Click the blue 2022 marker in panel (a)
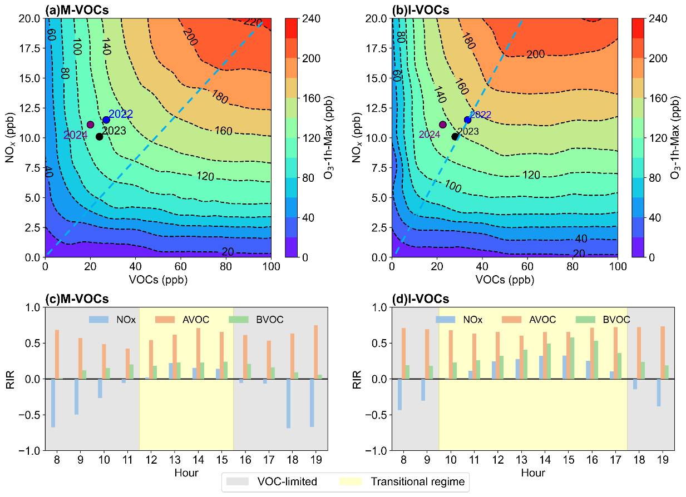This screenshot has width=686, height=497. tap(106, 120)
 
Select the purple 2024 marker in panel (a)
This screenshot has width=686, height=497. tap(90, 125)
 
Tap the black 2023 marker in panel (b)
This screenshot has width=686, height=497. tap(455, 136)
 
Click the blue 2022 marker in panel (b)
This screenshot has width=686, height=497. tap(467, 120)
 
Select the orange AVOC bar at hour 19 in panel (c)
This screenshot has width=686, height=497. tap(315, 352)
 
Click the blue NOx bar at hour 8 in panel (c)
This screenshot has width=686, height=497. tap(53, 403)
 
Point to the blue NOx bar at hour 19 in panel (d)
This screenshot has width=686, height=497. tap(659, 392)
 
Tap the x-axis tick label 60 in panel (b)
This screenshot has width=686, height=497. tap(527, 266)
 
